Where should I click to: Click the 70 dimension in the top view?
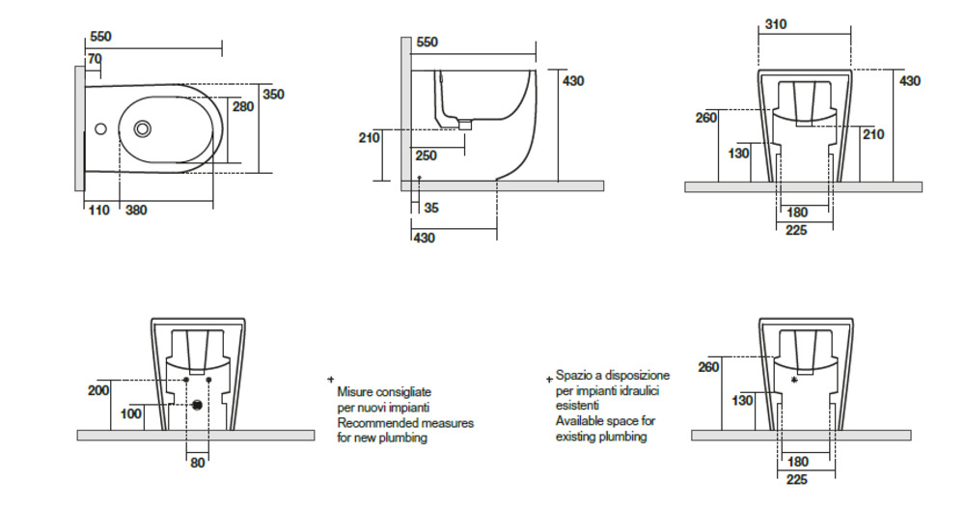coord(94,59)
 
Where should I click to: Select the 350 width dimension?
coord(274,95)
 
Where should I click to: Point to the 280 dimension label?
coord(243,106)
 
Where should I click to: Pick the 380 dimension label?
coord(136,210)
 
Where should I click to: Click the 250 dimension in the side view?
coord(426,156)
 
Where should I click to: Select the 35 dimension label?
coord(430,208)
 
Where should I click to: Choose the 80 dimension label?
coord(197,463)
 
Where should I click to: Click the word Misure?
coord(356,392)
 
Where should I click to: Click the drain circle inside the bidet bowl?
coord(144,128)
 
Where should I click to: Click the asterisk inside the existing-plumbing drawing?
coord(794,381)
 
